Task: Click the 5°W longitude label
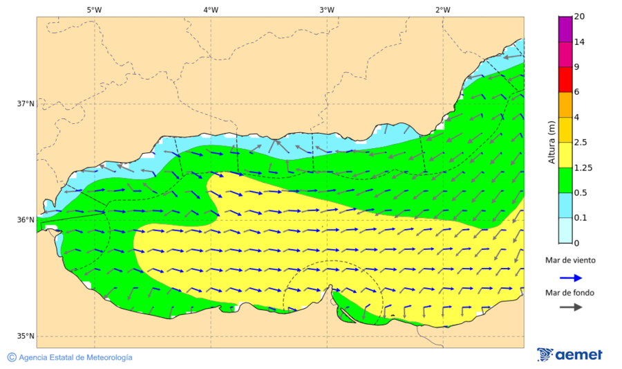pyautogui.click(x=94, y=10)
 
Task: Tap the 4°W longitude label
pyautogui.click(x=211, y=10)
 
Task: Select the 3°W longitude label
pyautogui.click(x=327, y=10)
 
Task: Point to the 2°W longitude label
pyautogui.click(x=443, y=10)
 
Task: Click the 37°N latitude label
pyautogui.click(x=26, y=104)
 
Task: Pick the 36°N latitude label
pyautogui.click(x=26, y=220)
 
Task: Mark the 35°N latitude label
pyautogui.click(x=26, y=336)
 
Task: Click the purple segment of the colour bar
pyautogui.click(x=565, y=29)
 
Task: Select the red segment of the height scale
pyautogui.click(x=565, y=79)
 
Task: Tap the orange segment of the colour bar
pyautogui.click(x=565, y=105)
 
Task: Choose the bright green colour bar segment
pyautogui.click(x=565, y=180)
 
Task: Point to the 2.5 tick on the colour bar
pyautogui.click(x=581, y=143)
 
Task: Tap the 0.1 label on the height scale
pyautogui.click(x=581, y=218)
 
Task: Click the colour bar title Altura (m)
pyautogui.click(x=552, y=142)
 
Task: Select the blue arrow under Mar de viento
pyautogui.click(x=570, y=278)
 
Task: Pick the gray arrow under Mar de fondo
pyautogui.click(x=570, y=307)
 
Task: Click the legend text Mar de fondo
pyautogui.click(x=569, y=293)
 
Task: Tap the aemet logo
pyautogui.click(x=569, y=354)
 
